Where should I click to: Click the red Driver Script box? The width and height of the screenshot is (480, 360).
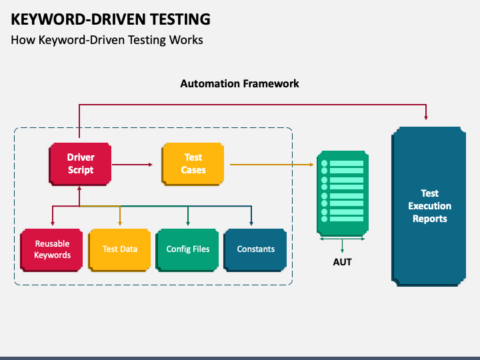80,164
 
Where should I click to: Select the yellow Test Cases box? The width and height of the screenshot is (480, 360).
193,164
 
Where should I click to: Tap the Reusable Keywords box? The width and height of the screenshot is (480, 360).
51,250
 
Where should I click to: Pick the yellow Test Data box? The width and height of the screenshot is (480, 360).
119,250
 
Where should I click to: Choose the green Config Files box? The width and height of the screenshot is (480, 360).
187,250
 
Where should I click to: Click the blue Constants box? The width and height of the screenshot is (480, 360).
255,250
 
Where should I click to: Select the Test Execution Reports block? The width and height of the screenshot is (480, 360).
429,207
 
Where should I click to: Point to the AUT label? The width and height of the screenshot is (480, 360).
342,262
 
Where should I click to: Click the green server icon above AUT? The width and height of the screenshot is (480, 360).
343,193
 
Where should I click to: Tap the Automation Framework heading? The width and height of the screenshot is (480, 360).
239,83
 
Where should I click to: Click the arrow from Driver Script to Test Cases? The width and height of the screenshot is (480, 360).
132,165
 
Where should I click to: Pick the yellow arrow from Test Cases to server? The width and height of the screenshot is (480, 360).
272,165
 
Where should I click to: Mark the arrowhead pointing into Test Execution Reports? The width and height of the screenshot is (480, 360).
426,117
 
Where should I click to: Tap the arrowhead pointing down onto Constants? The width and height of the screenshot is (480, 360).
251,223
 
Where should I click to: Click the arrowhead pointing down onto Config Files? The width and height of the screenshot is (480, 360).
188,223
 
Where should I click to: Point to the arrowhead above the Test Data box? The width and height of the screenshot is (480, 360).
120,223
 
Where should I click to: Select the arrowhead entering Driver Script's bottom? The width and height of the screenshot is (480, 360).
79,189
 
